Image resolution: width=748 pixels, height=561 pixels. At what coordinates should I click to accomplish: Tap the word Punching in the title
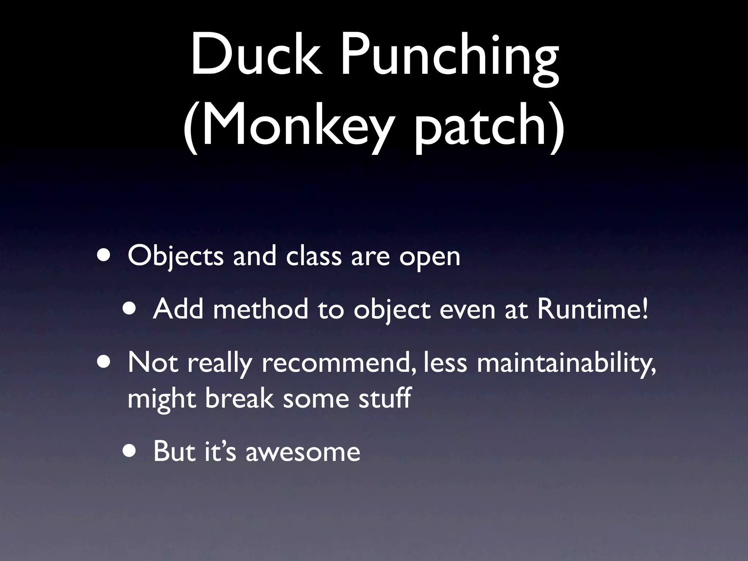coord(449,60)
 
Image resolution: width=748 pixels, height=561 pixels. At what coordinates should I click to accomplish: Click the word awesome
coord(303,451)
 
